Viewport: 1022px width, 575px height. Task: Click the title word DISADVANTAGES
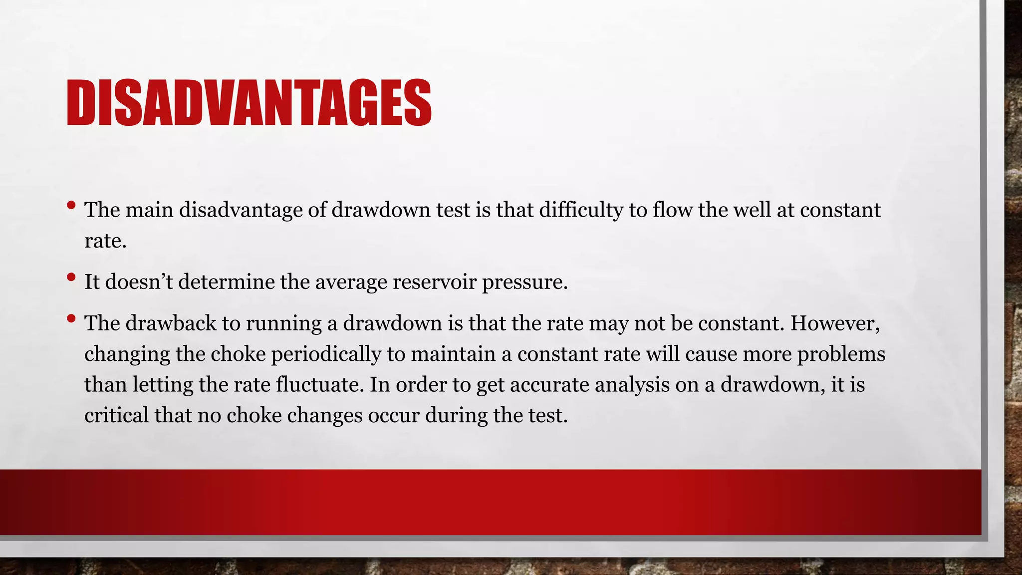(x=249, y=103)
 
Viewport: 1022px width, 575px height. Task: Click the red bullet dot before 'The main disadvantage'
(x=71, y=205)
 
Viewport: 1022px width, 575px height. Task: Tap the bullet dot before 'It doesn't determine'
(x=71, y=277)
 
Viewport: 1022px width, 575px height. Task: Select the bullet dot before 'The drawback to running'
(x=71, y=318)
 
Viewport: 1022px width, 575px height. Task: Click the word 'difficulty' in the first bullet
(x=581, y=210)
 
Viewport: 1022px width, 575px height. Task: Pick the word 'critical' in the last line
(x=116, y=415)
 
